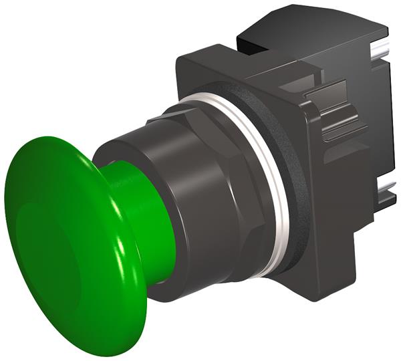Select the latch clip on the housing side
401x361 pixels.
(x=338, y=117)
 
